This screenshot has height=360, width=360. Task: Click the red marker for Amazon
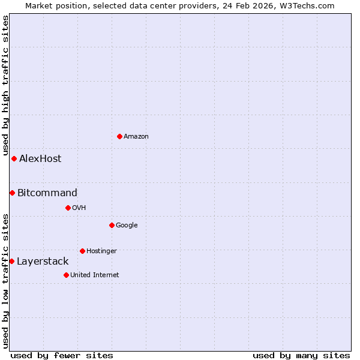[x=119, y=136]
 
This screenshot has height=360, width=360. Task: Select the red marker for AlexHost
[x=14, y=158]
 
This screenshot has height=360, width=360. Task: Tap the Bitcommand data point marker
[x=12, y=193]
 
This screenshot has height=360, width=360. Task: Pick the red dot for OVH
[x=68, y=208]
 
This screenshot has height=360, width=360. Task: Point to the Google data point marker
[x=112, y=225]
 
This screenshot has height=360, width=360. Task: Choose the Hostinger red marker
[x=82, y=251]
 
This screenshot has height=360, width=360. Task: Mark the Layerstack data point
[x=11, y=261]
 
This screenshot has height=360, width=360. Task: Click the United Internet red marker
[x=66, y=275]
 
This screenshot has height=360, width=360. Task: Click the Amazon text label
[x=136, y=136]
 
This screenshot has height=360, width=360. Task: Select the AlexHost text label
[x=40, y=158]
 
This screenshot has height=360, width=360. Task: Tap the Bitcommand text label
[x=47, y=193]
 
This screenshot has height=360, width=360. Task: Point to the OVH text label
[x=79, y=208]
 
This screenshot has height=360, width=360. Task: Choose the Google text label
[x=127, y=225]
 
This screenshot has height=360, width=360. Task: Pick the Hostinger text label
[x=101, y=251]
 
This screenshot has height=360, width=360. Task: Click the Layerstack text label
[x=43, y=261]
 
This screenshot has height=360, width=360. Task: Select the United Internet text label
[x=95, y=275]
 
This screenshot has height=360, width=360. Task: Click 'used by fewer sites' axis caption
[x=62, y=355]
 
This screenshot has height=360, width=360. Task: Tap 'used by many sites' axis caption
[x=301, y=355]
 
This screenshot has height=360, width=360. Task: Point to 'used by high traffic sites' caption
[x=5, y=85]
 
